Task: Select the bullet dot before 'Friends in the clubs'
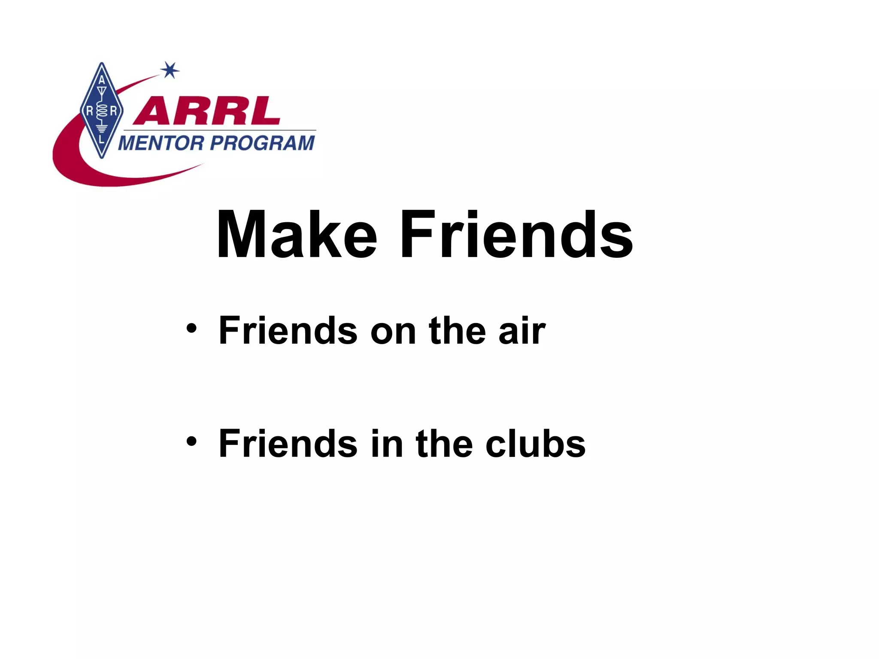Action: (x=191, y=442)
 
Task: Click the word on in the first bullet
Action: (x=393, y=331)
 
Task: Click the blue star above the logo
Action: (x=170, y=70)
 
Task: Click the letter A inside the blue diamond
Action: (x=102, y=80)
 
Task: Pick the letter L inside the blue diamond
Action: (x=102, y=140)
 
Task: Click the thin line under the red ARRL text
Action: (x=219, y=130)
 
